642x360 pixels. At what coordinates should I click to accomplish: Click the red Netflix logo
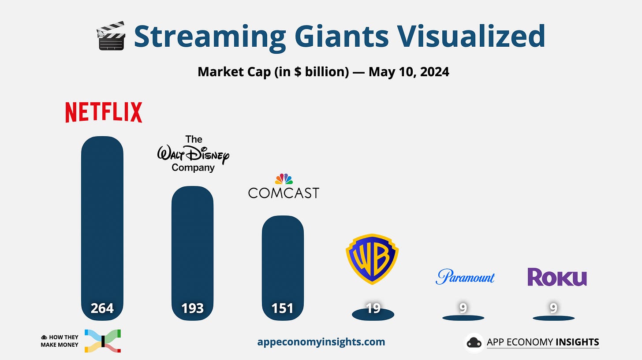click(104, 112)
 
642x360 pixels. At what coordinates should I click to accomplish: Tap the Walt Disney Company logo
click(194, 154)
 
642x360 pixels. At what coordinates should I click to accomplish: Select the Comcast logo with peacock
click(284, 187)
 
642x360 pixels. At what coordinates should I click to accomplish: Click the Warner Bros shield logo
click(372, 259)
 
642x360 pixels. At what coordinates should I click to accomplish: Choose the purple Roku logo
click(557, 277)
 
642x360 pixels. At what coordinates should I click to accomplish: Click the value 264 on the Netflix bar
click(102, 308)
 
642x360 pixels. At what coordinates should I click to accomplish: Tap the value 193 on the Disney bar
click(193, 308)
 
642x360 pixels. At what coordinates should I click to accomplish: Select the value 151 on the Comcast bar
click(283, 308)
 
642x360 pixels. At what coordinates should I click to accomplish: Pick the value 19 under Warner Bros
click(373, 308)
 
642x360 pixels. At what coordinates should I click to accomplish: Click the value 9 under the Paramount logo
click(463, 308)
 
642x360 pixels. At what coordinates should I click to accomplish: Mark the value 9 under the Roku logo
click(553, 308)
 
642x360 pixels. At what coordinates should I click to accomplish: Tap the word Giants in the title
click(339, 36)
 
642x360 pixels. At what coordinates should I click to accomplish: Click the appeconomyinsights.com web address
click(321, 342)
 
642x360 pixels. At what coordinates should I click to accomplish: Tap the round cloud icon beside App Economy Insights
click(474, 342)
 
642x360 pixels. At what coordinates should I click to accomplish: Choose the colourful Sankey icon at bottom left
click(102, 341)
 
